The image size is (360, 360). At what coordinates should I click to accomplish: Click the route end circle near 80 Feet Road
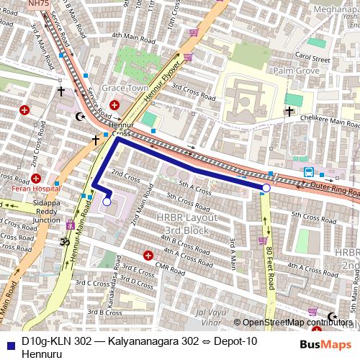[x=266, y=188]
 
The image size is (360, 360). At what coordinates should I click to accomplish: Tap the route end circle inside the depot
[x=107, y=202]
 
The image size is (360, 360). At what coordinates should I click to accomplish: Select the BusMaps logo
[x=326, y=345]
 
